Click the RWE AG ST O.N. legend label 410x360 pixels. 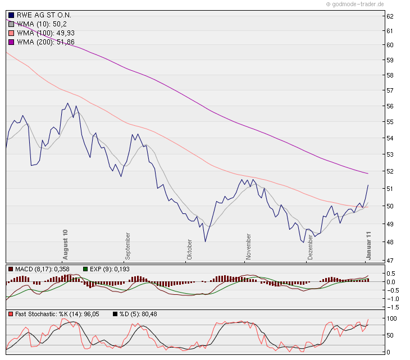point(44,15)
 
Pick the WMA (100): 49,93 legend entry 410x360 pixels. point(49,33)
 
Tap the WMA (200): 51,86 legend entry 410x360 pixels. point(49,42)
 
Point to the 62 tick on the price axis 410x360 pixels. point(389,16)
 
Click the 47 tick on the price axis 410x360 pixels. point(389,260)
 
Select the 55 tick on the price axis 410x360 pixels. point(389,122)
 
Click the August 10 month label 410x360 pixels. point(66,244)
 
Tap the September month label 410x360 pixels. point(128,245)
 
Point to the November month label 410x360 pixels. point(247,247)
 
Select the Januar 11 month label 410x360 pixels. point(370,245)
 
